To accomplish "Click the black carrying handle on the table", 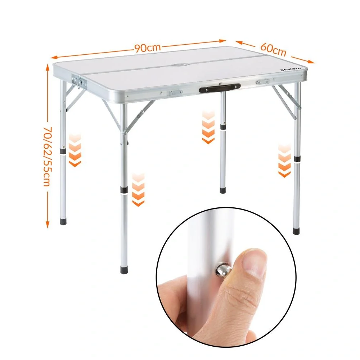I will point(220,88).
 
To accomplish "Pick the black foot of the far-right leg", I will point(296,230).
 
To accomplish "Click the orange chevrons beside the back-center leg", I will point(208,127).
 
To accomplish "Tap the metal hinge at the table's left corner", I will point(79,81).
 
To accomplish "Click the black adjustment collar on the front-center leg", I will point(124,190).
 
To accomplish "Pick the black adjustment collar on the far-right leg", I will point(297,159).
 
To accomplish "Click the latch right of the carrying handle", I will point(262,82).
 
